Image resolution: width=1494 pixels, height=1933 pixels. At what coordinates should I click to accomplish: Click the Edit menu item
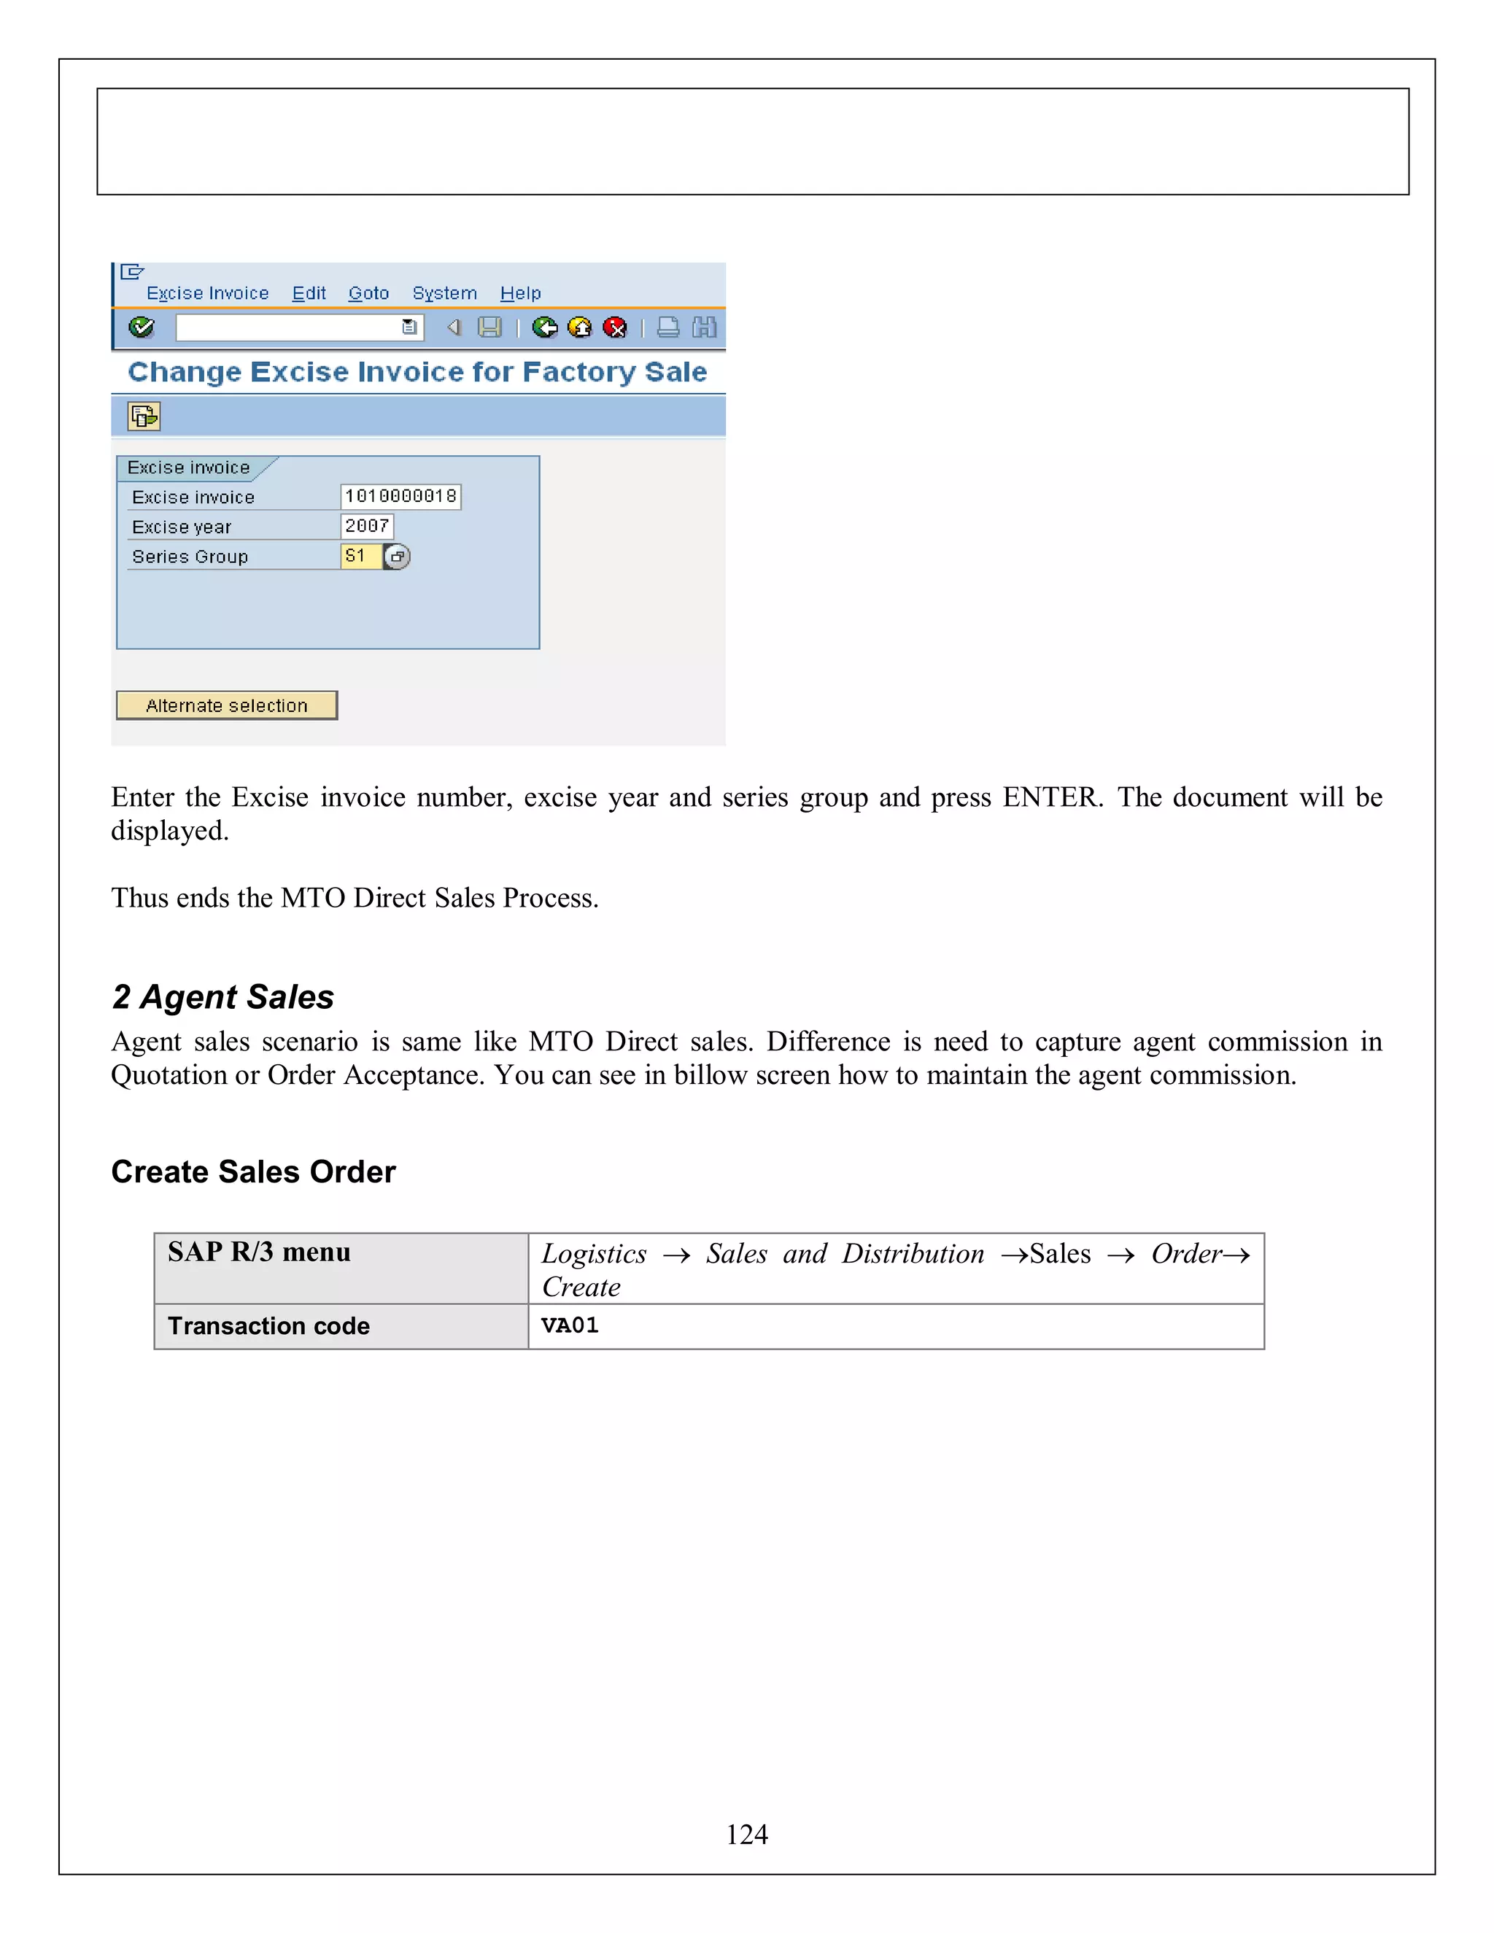tap(309, 293)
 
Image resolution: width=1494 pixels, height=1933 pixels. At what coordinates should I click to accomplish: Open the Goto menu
tap(368, 293)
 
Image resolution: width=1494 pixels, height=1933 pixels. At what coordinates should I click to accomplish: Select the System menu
tap(444, 293)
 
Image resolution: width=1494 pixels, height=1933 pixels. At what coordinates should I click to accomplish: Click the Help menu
tap(520, 293)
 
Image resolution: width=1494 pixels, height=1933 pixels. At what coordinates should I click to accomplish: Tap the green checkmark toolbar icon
tap(142, 328)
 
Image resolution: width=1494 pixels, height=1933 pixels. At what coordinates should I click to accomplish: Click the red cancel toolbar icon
tap(614, 328)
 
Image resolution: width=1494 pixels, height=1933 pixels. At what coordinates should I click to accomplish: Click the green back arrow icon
tap(544, 328)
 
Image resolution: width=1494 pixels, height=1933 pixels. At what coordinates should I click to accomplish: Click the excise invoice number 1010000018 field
tap(400, 497)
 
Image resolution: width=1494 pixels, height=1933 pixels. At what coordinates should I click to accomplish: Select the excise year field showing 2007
tap(366, 527)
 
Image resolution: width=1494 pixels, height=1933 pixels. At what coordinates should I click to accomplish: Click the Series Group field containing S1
tap(360, 557)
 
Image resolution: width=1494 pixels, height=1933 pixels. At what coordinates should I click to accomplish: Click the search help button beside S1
tap(398, 557)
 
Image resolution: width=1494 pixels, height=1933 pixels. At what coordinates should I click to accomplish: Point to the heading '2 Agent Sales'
tap(223, 997)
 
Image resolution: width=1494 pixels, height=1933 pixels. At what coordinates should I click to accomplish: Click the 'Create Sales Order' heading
tap(253, 1172)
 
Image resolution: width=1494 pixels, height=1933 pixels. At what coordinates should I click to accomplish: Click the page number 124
tap(746, 1835)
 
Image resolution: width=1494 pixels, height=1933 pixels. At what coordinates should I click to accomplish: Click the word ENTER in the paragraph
tap(1051, 797)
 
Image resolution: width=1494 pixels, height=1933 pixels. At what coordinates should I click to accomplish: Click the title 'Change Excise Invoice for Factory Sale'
tap(417, 372)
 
